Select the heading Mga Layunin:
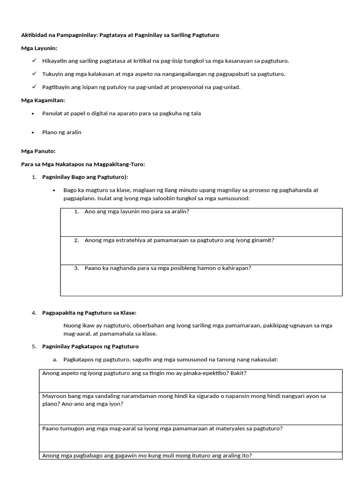pos(39,48)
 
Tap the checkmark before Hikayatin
pos(34,61)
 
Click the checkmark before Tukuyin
pos(34,74)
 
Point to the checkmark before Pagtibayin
pos(34,87)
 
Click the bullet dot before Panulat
pos(33,114)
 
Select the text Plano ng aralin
pos(61,132)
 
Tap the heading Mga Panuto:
pos(38,151)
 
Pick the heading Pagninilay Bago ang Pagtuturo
pos(85,177)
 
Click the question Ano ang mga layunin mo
pos(136,211)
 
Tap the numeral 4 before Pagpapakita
pos(34,313)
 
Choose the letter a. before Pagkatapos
pos(55,360)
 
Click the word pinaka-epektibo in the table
pos(200,373)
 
